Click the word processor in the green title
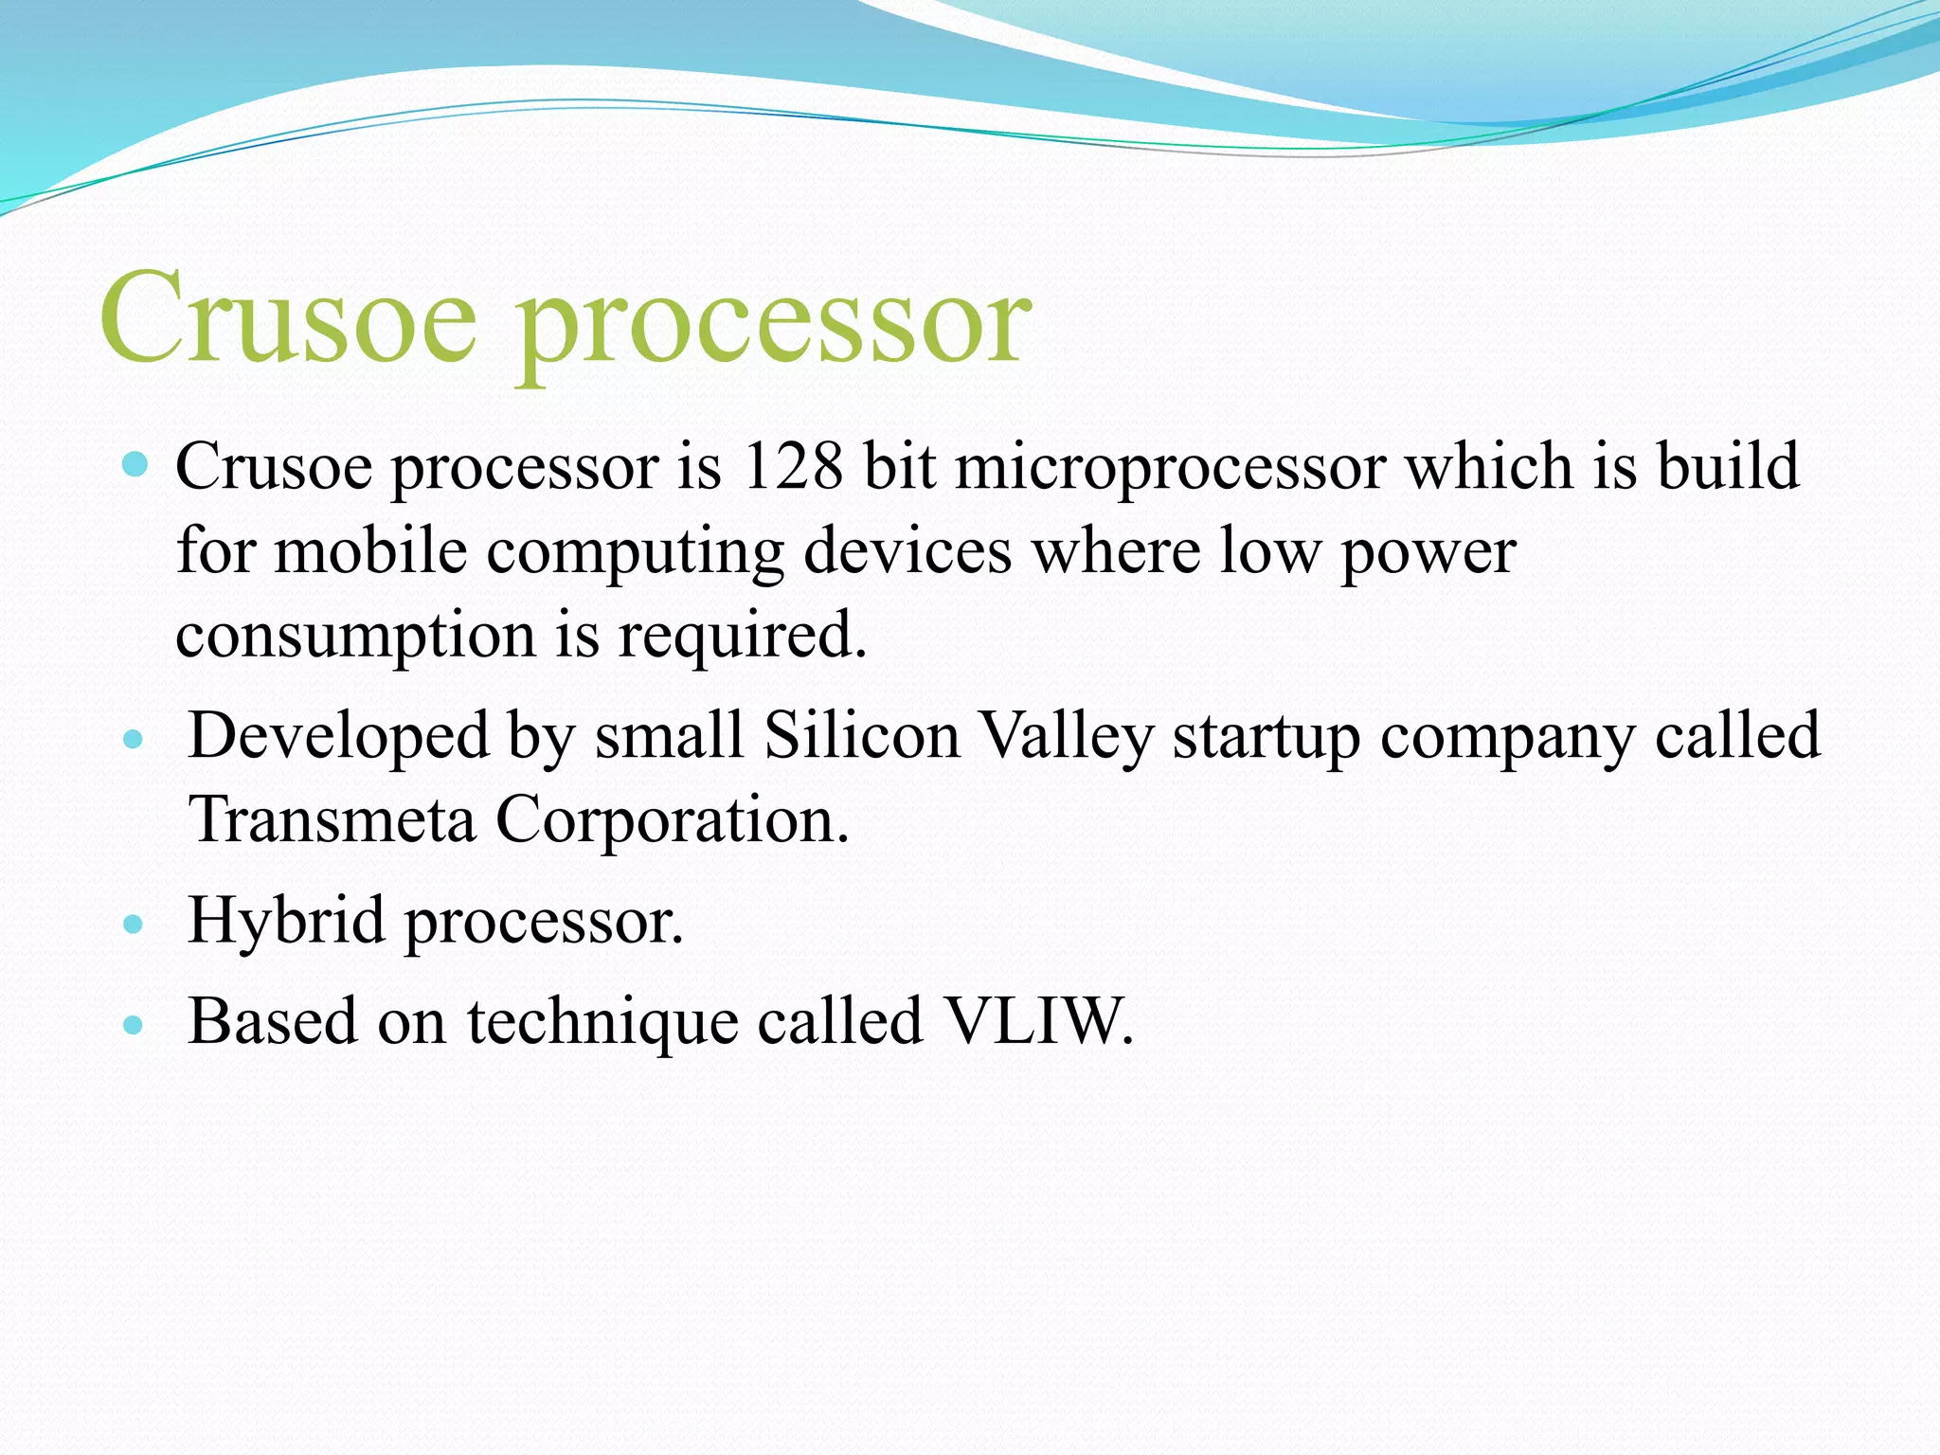pyautogui.click(x=772, y=327)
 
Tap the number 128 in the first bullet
pyautogui.click(x=792, y=466)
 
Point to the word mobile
pyautogui.click(x=370, y=550)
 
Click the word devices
pyautogui.click(x=907, y=550)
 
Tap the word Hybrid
pyautogui.click(x=286, y=921)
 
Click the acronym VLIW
pyautogui.click(x=1038, y=1021)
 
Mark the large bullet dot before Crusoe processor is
pyautogui.click(x=135, y=464)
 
